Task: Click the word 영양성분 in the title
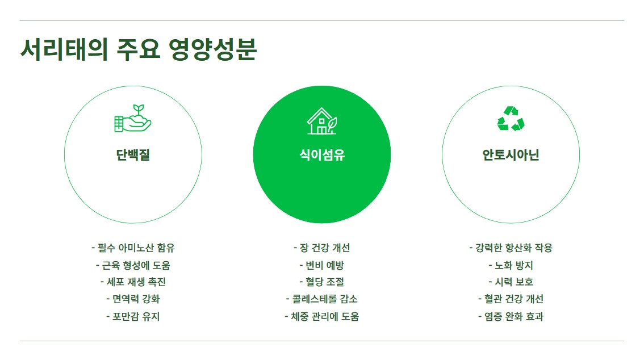tap(212, 50)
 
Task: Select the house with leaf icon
tap(322, 121)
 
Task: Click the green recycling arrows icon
tap(511, 119)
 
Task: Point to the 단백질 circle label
tap(133, 154)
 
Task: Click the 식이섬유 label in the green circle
tap(322, 154)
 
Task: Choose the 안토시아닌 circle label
tap(511, 154)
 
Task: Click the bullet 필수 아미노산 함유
tap(133, 248)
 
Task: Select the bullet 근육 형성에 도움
tap(133, 265)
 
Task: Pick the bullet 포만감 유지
tap(133, 317)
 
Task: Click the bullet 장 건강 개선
tap(322, 248)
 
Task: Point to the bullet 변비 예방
tap(322, 265)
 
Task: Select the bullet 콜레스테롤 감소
tap(322, 299)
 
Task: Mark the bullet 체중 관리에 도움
tap(322, 317)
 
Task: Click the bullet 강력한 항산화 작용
tap(511, 248)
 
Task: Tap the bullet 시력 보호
tap(511, 282)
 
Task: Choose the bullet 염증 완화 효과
tap(511, 317)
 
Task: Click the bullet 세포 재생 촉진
tap(133, 282)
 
